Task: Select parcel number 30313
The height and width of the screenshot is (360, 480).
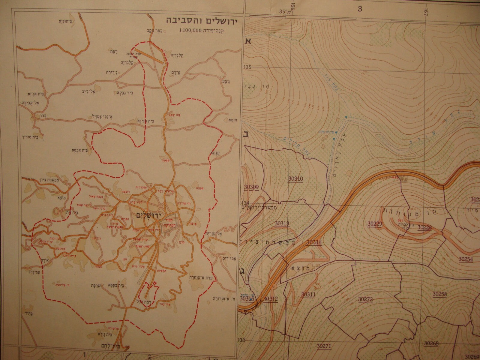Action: click(282, 223)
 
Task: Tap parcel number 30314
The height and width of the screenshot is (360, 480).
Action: click(314, 242)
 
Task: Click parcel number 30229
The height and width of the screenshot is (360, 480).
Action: click(375, 223)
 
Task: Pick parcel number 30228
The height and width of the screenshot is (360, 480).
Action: click(424, 227)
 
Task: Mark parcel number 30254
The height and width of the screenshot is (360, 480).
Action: click(466, 259)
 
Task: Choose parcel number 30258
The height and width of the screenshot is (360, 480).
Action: click(439, 294)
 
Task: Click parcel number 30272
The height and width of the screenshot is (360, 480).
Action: click(365, 299)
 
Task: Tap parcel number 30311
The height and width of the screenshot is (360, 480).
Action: click(308, 295)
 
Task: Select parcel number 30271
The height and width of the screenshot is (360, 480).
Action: click(324, 346)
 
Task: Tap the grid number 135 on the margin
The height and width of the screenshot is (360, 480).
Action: click(247, 67)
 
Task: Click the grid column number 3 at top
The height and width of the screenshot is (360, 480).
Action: click(360, 9)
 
